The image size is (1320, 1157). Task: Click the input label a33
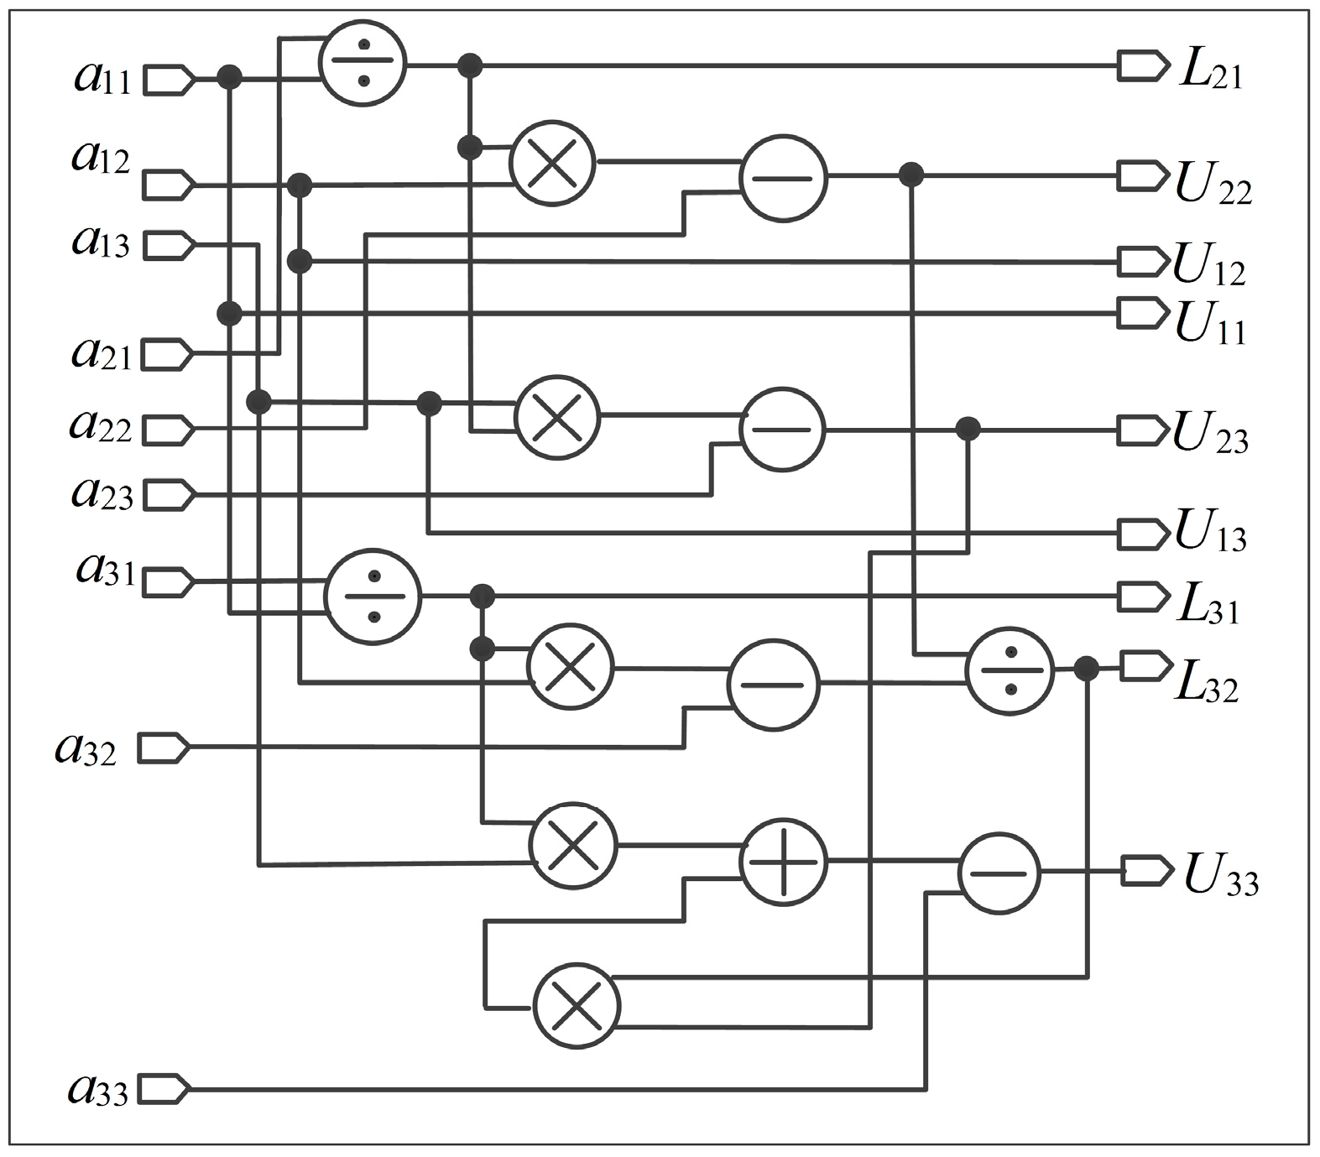tap(98, 1090)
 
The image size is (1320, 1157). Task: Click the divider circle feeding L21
tap(363, 63)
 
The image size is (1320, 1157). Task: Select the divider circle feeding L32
tap(1010, 670)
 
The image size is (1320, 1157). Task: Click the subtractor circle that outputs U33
tap(999, 873)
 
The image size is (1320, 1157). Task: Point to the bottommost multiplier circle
tap(577, 1006)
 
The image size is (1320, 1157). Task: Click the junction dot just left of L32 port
tap(1087, 669)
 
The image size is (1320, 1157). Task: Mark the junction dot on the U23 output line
tap(968, 429)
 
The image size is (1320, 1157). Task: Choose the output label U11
tap(1209, 324)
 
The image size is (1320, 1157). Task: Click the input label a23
tap(102, 494)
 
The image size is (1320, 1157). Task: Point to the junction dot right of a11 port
tap(229, 78)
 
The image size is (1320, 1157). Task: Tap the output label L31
tap(1207, 606)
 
